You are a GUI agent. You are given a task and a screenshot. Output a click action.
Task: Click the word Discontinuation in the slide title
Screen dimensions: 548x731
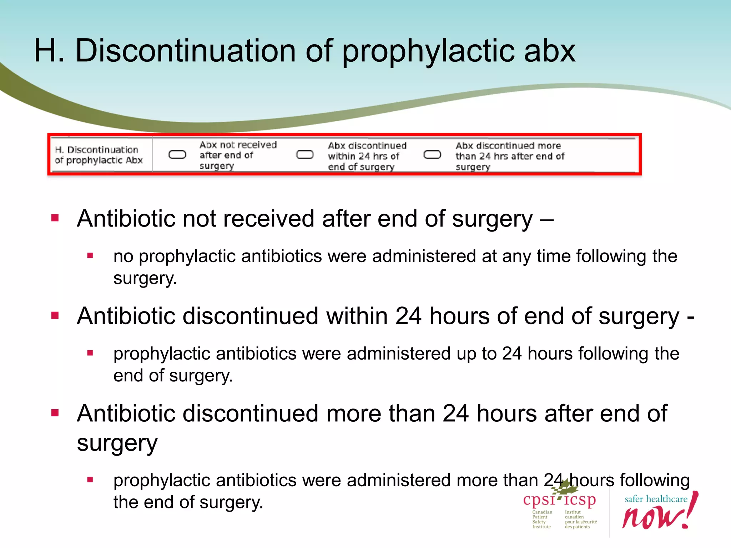(185, 51)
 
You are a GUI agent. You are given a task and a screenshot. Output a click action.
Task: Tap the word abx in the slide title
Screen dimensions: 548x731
(550, 51)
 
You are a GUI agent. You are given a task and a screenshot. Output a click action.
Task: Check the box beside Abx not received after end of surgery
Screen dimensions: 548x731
(177, 154)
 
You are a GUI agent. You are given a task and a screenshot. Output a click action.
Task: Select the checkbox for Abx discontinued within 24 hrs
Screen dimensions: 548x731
(305, 154)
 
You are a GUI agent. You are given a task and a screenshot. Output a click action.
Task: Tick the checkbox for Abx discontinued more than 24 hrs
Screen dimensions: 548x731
(432, 154)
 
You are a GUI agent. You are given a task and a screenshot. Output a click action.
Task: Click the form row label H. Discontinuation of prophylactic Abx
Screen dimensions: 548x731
(99, 155)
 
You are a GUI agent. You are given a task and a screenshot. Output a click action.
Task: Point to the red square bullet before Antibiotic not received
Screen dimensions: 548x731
(55, 218)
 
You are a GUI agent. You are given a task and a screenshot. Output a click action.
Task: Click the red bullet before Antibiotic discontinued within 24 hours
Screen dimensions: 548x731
(55, 315)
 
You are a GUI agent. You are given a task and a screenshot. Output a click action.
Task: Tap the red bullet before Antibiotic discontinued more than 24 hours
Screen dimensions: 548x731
(55, 413)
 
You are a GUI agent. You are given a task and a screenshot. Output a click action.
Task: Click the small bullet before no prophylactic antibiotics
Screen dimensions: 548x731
(90, 255)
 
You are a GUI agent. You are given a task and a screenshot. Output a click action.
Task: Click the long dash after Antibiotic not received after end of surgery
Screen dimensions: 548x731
(547, 219)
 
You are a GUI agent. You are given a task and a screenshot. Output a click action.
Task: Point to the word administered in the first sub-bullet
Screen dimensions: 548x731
(424, 256)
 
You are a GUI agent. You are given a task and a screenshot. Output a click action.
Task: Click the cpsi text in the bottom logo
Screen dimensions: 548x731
(539, 500)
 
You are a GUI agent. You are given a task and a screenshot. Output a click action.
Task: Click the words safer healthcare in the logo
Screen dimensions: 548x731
(656, 499)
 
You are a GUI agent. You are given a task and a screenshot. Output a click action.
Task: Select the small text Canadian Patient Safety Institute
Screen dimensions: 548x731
(542, 519)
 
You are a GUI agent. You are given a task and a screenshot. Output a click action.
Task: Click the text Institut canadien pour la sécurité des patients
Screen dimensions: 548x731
(580, 519)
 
